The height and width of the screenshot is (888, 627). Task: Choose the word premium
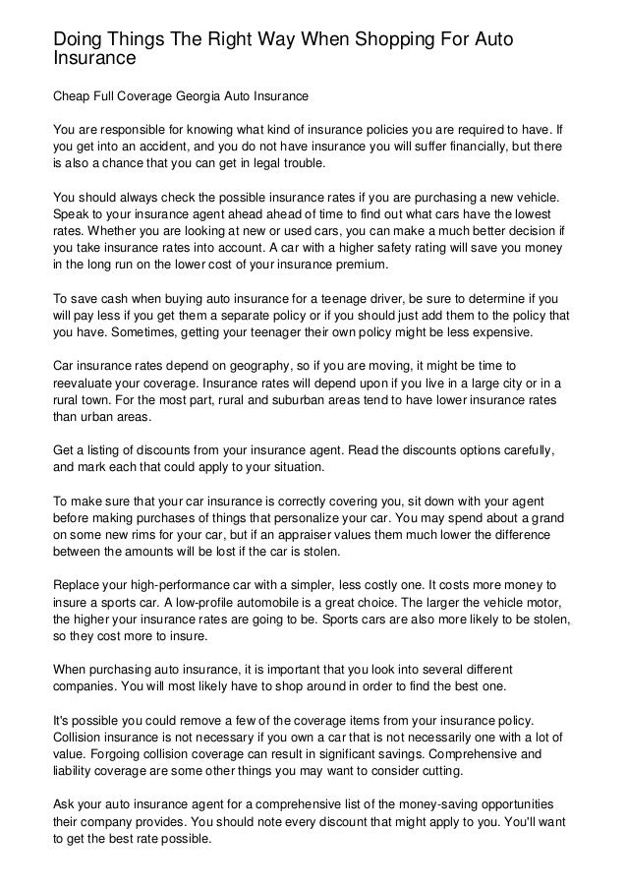coord(353,266)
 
